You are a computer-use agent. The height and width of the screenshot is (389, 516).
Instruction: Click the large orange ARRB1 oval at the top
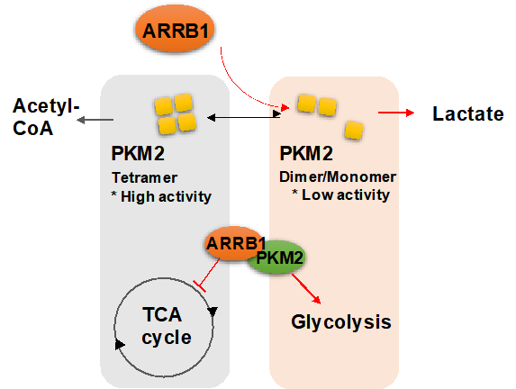click(175, 29)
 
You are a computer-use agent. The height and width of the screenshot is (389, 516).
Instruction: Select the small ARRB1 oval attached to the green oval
click(233, 243)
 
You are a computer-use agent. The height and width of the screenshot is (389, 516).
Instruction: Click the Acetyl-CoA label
click(46, 117)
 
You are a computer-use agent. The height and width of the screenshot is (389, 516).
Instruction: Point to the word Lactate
click(468, 113)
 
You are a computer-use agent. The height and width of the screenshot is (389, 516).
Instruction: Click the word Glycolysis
click(341, 321)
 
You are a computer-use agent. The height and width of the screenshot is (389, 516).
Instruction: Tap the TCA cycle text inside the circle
click(167, 326)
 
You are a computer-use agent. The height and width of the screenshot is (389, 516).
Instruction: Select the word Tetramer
click(144, 177)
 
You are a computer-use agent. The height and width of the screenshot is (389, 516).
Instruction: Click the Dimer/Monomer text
click(338, 177)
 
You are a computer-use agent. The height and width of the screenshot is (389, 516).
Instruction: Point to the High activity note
click(161, 197)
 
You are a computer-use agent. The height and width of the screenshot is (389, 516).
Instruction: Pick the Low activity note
click(341, 194)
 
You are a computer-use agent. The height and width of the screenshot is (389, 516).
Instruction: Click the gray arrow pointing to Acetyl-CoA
click(95, 120)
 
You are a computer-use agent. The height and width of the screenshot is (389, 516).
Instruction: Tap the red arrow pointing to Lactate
click(396, 113)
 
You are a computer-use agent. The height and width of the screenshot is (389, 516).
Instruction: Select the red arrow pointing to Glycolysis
click(305, 289)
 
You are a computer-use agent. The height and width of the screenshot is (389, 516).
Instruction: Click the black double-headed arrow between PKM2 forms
click(244, 117)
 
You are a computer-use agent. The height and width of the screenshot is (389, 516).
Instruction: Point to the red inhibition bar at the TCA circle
click(200, 286)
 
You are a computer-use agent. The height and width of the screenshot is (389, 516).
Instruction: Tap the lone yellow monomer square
click(354, 131)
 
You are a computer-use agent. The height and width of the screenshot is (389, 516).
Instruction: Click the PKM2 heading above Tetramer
click(138, 153)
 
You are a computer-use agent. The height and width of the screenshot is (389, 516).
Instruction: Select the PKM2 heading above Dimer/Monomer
click(306, 153)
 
